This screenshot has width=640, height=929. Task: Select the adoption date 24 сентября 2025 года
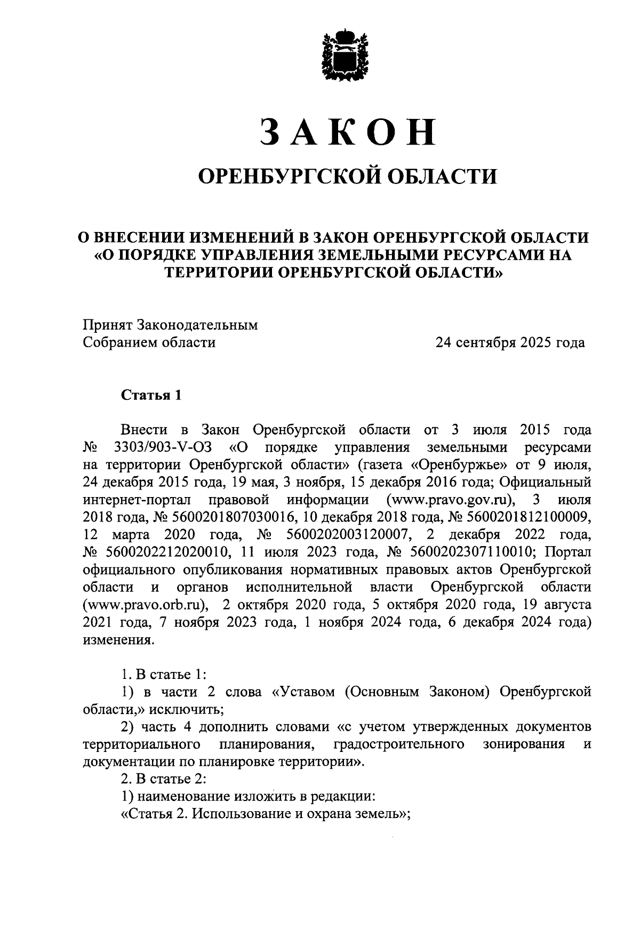[510, 342]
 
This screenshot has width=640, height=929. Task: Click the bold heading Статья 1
[151, 395]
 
